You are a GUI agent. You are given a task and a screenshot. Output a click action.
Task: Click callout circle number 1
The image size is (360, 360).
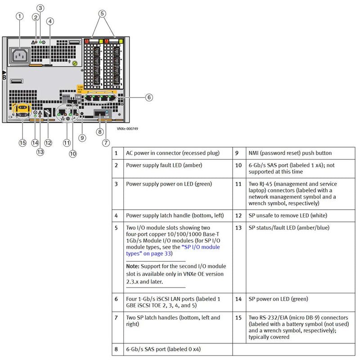(19, 16)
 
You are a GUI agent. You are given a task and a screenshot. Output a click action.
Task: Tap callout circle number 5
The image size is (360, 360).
(103, 13)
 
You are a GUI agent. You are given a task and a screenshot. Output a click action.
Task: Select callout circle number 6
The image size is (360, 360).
(149, 97)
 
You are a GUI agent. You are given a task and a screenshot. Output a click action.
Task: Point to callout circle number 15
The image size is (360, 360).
(22, 143)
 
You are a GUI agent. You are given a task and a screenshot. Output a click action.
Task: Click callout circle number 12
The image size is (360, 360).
(48, 143)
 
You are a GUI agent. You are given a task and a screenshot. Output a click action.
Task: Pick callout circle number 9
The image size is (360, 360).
(81, 138)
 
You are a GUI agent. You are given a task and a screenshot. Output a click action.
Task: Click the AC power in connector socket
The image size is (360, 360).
(19, 56)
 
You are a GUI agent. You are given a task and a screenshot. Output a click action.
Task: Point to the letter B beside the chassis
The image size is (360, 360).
(4, 78)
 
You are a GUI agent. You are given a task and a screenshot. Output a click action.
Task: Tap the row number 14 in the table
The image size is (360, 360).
(238, 298)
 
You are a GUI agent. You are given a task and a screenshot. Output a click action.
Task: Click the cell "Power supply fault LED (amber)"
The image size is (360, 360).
(164, 165)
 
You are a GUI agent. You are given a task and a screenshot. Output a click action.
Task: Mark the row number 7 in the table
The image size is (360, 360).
(116, 317)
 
